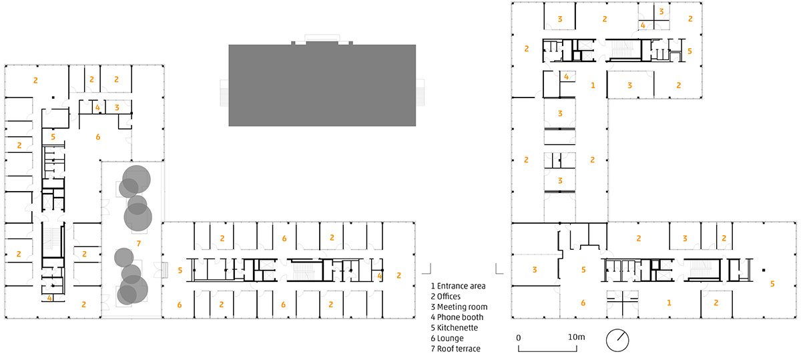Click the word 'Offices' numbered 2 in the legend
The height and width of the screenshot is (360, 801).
tap(449, 297)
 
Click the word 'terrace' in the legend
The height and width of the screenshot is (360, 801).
tap(467, 349)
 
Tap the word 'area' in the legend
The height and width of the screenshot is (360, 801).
tap(478, 287)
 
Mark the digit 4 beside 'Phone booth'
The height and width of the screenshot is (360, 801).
tap(433, 317)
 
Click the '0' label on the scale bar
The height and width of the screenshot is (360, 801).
tap(519, 337)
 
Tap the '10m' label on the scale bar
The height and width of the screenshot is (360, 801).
tap(577, 337)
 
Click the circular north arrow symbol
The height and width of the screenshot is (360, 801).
tap(617, 341)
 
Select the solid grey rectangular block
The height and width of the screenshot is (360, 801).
tap(322, 85)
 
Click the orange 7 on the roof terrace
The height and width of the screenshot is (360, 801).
tap(139, 244)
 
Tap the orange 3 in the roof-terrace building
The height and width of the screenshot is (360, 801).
tap(117, 108)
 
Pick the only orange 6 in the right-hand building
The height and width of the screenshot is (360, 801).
tap(583, 303)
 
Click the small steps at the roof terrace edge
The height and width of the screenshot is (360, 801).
tap(164, 271)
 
